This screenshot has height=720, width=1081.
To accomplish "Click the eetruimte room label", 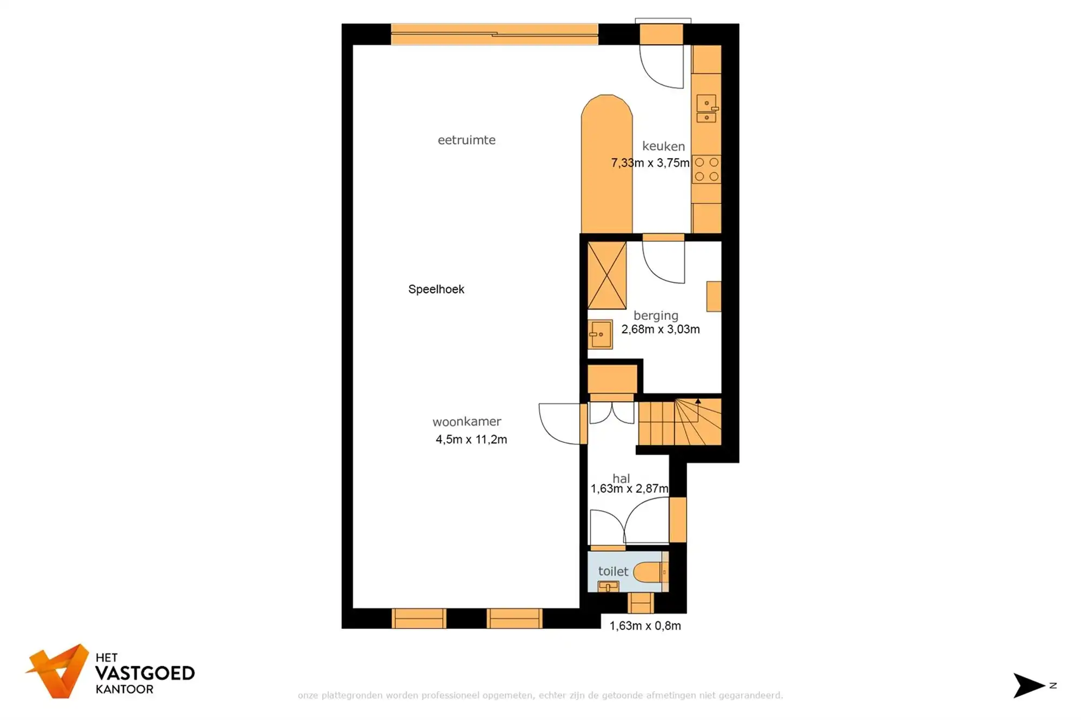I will (466, 140).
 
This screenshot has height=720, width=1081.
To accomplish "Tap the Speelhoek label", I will (436, 289).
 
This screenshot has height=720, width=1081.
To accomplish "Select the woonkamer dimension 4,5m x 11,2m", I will (471, 439).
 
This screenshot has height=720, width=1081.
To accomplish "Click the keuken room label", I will (663, 146).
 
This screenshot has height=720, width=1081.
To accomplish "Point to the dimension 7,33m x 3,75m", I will (650, 163).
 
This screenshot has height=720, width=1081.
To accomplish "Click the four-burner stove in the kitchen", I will (706, 169).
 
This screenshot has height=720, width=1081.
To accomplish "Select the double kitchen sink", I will (706, 109).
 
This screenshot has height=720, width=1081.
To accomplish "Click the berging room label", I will (656, 315).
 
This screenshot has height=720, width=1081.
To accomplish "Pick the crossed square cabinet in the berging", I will (606, 275).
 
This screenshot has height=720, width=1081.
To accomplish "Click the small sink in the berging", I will (600, 334).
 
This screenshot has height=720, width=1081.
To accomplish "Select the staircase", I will (680, 422).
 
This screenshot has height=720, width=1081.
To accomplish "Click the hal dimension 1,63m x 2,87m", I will (629, 488).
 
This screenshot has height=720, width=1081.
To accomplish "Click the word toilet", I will (613, 571).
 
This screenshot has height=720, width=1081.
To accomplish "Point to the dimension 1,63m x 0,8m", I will (645, 625).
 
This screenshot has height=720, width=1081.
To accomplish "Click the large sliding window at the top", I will (494, 34).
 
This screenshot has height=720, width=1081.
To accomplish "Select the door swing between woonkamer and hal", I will (559, 424).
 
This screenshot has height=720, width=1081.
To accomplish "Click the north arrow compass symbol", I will (1029, 685).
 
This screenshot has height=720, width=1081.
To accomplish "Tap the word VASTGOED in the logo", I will (145, 673).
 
